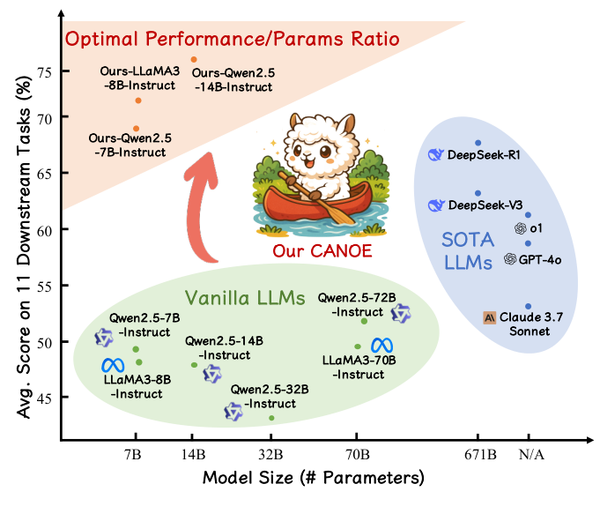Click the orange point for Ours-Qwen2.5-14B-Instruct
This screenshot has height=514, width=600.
click(x=194, y=59)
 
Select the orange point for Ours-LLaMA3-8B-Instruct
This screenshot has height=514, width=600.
click(x=137, y=101)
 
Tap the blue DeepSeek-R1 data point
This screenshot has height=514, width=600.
click(x=478, y=143)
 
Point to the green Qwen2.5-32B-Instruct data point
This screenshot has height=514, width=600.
click(x=271, y=418)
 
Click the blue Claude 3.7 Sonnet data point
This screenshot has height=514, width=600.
click(x=528, y=306)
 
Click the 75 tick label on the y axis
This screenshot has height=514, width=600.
click(x=44, y=72)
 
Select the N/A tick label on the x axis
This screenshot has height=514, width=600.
click(x=529, y=455)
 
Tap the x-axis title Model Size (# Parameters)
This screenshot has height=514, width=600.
click(x=314, y=479)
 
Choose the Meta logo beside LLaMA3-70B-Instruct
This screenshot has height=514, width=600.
click(x=381, y=345)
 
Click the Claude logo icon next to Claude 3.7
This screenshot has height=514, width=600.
click(x=491, y=317)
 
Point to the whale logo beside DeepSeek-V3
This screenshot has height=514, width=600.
click(x=434, y=205)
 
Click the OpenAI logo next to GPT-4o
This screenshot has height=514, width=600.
click(x=510, y=258)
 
